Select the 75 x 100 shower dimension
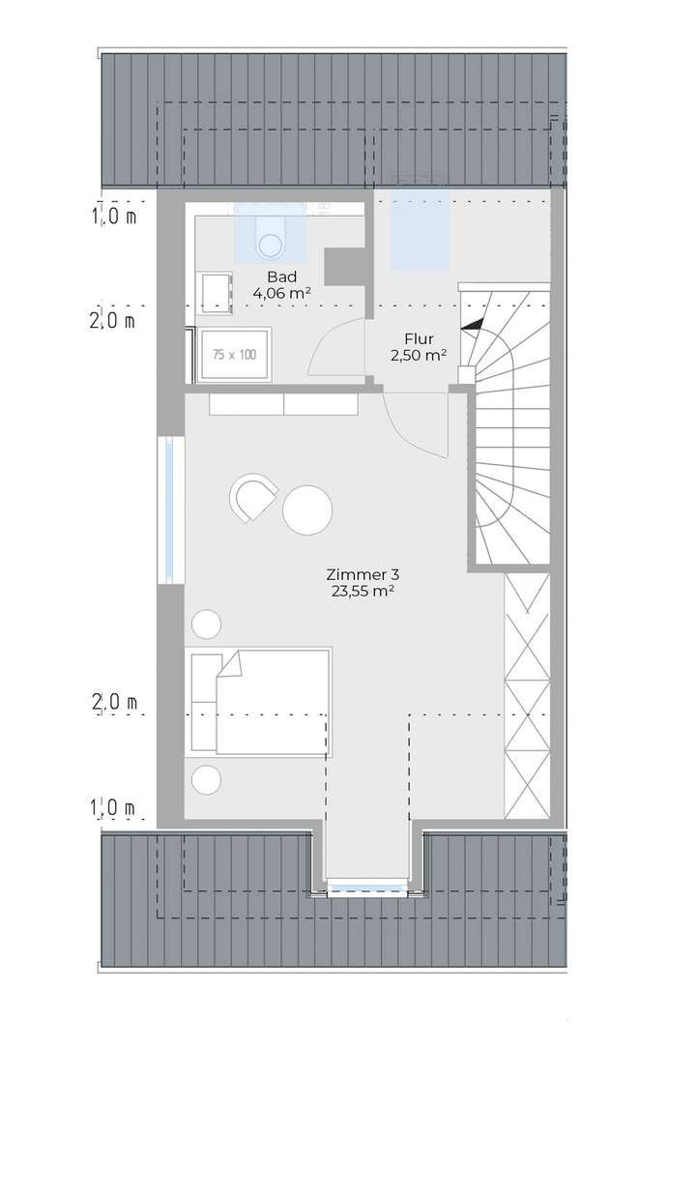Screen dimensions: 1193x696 coord(234,355)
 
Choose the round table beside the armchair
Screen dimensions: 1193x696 coord(307,509)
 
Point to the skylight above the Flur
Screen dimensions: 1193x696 coord(421,230)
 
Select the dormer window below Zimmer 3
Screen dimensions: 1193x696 coord(365,887)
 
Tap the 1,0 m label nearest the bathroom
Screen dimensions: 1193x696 coord(114,218)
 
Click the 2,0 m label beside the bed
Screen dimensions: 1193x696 coord(114,704)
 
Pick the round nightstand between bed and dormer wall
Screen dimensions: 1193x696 coord(206,778)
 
